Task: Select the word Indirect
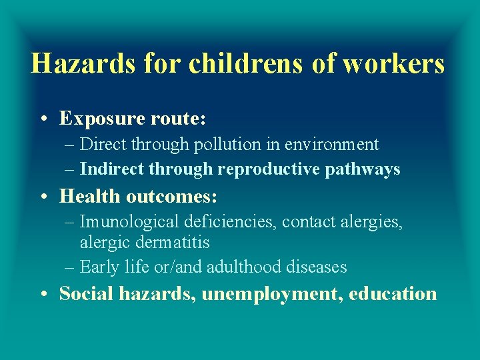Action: [111, 169]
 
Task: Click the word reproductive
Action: [269, 169]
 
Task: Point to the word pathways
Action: [363, 169]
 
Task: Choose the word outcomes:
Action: [173, 196]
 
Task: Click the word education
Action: [393, 293]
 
